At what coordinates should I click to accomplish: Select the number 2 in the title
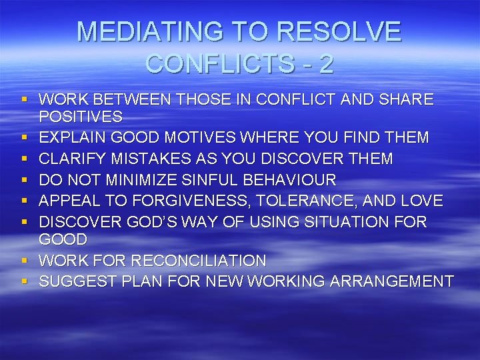point(326,64)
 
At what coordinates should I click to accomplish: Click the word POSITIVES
point(81,117)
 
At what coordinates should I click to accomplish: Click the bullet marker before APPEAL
point(24,201)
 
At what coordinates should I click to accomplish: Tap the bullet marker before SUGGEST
point(24,282)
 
